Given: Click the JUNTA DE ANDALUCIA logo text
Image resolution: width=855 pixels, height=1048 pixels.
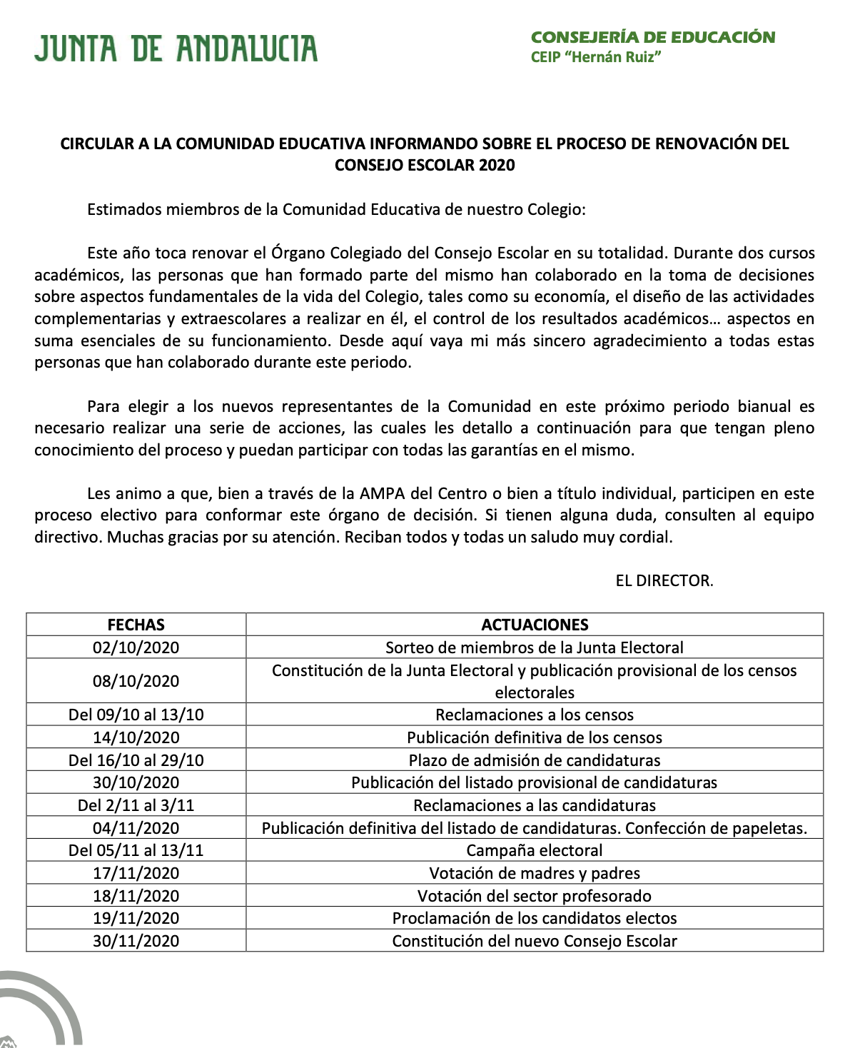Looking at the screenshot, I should pyautogui.click(x=176, y=49).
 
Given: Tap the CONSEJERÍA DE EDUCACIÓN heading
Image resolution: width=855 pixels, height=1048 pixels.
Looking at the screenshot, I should pyautogui.click(x=652, y=37).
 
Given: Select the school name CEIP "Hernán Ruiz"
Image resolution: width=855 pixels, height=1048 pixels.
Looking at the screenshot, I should pyautogui.click(x=595, y=58).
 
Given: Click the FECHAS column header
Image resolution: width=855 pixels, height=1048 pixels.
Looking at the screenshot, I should pyautogui.click(x=136, y=625).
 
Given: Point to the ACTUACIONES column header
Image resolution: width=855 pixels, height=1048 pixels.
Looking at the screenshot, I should pyautogui.click(x=535, y=625).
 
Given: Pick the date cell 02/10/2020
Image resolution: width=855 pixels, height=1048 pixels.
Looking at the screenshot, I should pyautogui.click(x=136, y=648).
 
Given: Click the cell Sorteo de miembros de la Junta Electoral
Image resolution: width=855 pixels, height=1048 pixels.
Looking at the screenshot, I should pyautogui.click(x=535, y=648).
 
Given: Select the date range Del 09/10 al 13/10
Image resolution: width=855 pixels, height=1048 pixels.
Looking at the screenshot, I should pyautogui.click(x=136, y=715).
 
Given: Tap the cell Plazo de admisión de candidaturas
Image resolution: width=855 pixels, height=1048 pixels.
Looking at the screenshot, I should pyautogui.click(x=535, y=760).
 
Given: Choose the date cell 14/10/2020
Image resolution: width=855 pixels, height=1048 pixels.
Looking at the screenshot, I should pyautogui.click(x=136, y=737).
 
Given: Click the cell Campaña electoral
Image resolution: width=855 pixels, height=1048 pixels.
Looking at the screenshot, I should pyautogui.click(x=535, y=850).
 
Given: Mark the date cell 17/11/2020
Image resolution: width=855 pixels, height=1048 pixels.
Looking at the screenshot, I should pyautogui.click(x=136, y=873).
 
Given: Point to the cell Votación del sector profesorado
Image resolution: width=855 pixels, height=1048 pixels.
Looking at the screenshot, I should pyautogui.click(x=535, y=896).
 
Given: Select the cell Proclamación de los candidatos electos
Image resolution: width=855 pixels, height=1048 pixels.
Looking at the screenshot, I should pyautogui.click(x=535, y=918).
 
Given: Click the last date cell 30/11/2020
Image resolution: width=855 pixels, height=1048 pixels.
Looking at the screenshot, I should pyautogui.click(x=136, y=941).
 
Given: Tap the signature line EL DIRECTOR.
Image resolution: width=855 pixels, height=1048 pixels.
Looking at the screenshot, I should pyautogui.click(x=664, y=580).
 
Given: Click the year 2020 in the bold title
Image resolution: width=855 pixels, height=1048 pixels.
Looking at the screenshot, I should pyautogui.click(x=497, y=165).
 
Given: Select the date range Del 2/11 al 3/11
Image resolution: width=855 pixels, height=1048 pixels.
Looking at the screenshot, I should pyautogui.click(x=136, y=805).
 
